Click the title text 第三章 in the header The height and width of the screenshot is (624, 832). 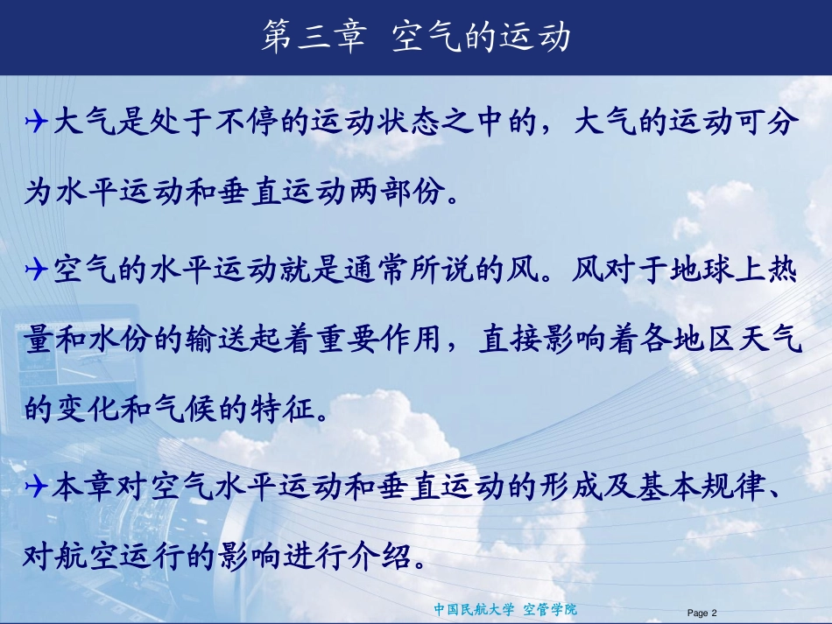pos(312,39)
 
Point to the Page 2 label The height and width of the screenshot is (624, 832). pos(702,613)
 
